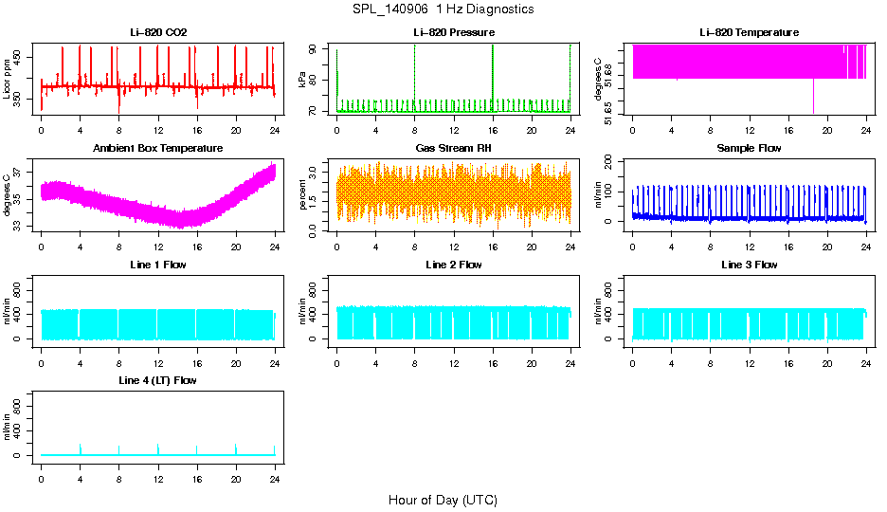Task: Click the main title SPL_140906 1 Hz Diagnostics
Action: [x=443, y=9]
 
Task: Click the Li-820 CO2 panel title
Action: [x=158, y=32]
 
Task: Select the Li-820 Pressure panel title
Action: [x=454, y=32]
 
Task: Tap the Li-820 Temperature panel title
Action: [x=749, y=32]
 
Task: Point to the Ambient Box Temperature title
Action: [x=158, y=149]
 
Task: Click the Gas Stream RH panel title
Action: [x=454, y=149]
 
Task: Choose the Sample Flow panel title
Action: [x=749, y=149]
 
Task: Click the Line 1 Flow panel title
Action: [x=158, y=265]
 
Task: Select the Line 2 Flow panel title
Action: [x=454, y=265]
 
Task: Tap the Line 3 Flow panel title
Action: [x=749, y=265]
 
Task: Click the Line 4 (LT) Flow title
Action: [x=158, y=380]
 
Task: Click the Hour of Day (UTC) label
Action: [x=443, y=500]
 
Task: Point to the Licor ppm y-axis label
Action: [x=8, y=79]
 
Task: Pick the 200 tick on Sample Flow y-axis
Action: [x=610, y=160]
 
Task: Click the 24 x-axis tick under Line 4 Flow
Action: [x=275, y=472]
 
